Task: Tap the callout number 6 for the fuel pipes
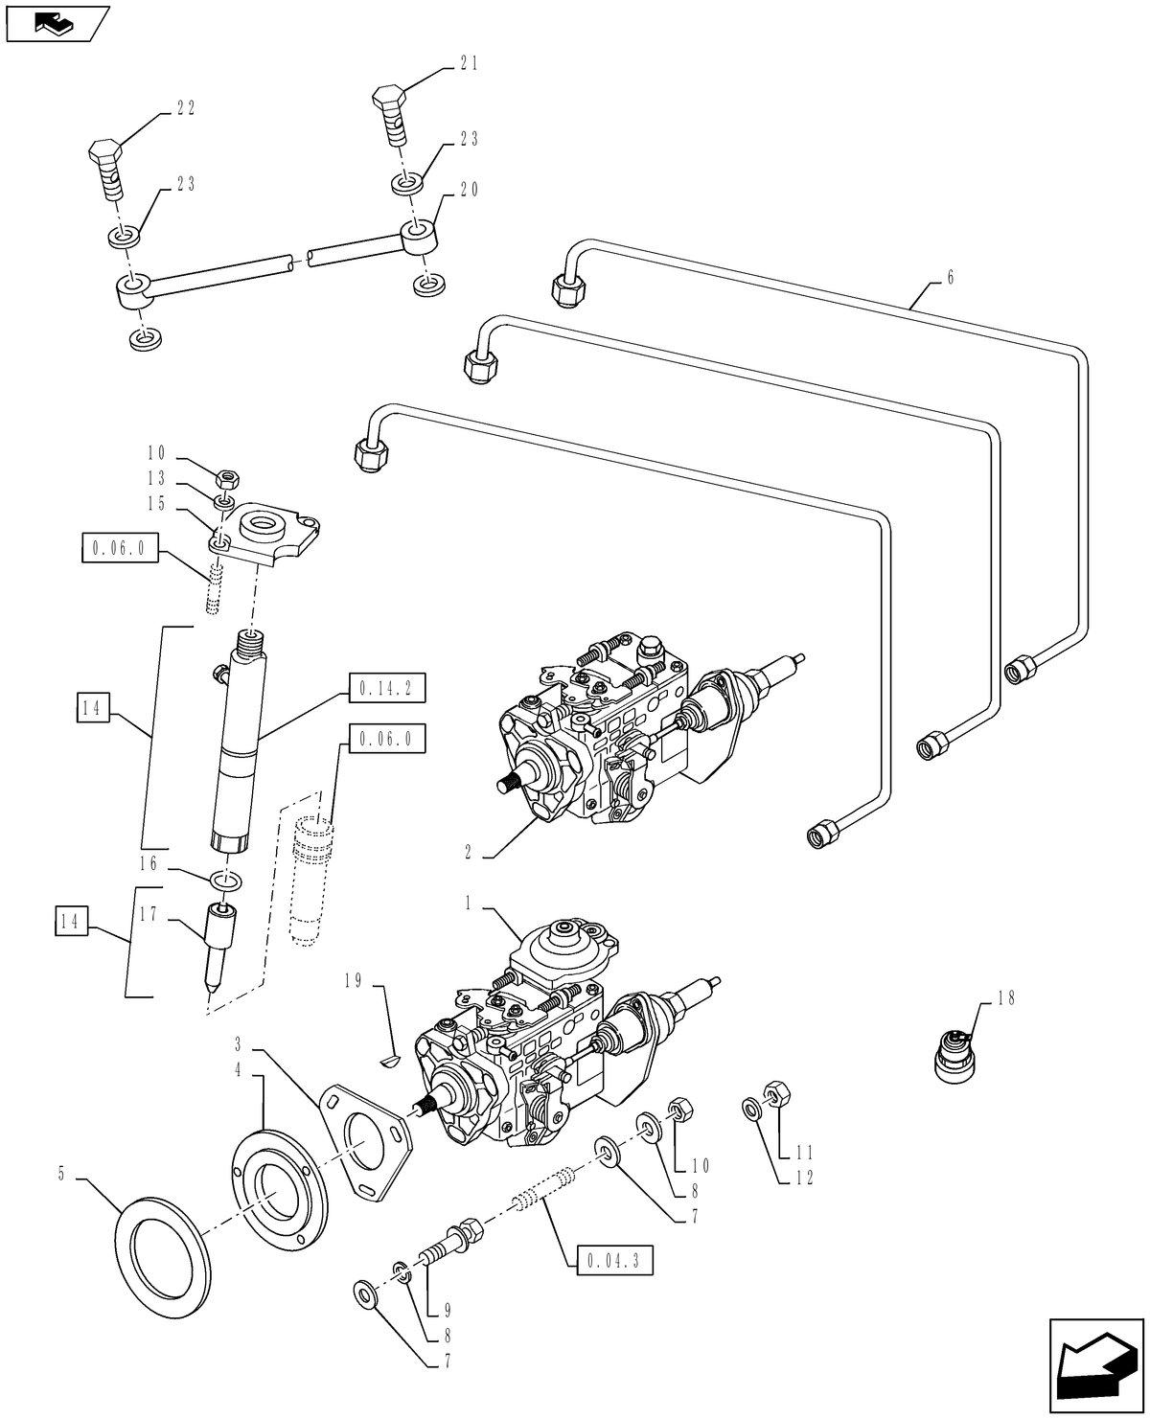(x=949, y=278)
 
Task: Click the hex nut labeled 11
(x=773, y=1091)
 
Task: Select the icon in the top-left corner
(x=56, y=24)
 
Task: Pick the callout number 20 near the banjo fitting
(x=469, y=190)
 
